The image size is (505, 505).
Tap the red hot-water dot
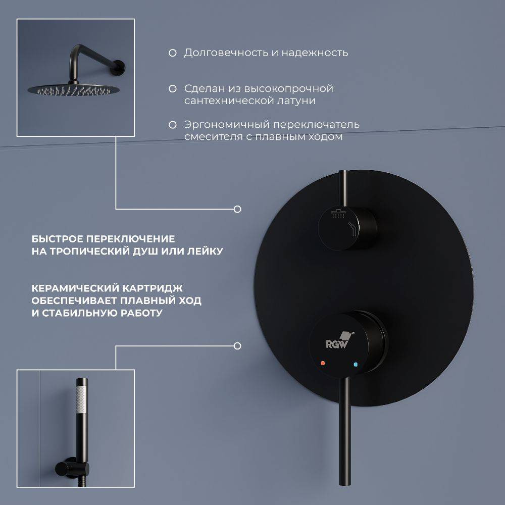(x=323, y=363)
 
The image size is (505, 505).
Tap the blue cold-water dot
(x=356, y=365)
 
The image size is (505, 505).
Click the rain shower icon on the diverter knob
(x=338, y=213)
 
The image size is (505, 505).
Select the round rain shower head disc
(x=73, y=89)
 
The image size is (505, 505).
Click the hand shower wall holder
(x=72, y=468)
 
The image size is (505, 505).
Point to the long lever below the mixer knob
(x=345, y=432)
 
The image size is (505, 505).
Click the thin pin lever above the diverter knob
(x=343, y=188)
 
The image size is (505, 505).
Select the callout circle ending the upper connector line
(x=237, y=210)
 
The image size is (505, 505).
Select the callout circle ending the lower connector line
(x=237, y=346)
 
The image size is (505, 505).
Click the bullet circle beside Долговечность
(x=173, y=53)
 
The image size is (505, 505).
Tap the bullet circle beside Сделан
(x=173, y=88)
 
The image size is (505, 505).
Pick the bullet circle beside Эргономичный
(x=173, y=125)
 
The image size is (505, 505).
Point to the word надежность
(x=315, y=53)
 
